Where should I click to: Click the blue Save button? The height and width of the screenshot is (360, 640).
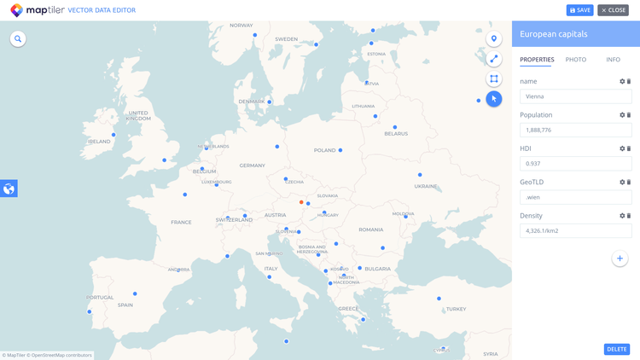579,10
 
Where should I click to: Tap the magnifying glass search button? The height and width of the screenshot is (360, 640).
18,39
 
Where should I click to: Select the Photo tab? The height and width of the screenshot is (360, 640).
576,60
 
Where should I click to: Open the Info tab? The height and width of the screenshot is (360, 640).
613,60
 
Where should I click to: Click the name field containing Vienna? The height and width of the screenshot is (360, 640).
575,96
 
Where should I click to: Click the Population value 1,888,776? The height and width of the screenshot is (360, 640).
575,130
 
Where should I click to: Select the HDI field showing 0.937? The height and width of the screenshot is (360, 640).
575,163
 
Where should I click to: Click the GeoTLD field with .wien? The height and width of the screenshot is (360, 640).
575,197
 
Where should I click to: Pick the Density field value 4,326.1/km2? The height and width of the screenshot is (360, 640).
575,230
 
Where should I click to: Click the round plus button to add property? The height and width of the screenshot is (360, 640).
620,258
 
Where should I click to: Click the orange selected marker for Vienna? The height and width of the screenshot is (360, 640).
301,203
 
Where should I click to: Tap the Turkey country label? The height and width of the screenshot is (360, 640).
456,309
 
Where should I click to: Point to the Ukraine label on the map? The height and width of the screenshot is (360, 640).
425,186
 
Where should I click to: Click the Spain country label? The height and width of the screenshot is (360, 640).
125,305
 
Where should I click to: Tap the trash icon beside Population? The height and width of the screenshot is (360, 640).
629,115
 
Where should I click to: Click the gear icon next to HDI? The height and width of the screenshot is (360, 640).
622,148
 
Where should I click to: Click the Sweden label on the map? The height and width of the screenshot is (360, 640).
286,39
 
